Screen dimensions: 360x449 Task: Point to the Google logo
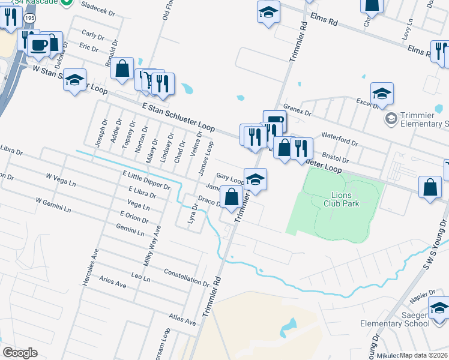point(20,353)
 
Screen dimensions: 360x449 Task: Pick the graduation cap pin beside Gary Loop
point(255,179)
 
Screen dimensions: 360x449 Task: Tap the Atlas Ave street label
point(182,318)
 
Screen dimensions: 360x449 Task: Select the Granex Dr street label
point(298,112)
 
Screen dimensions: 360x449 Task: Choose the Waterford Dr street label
point(339,139)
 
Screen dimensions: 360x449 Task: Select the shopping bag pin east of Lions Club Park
point(430,187)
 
